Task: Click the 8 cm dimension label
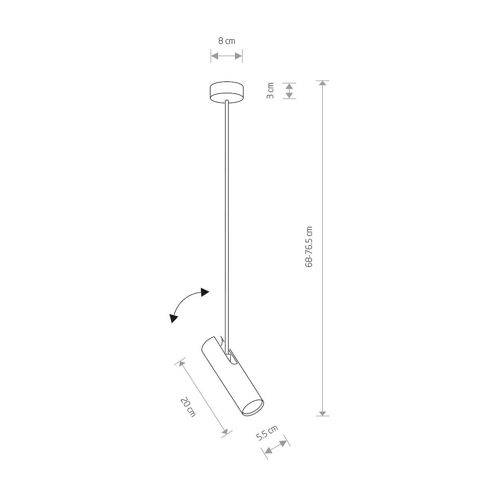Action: [227, 41]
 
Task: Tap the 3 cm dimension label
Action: [271, 91]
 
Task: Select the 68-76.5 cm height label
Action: [309, 246]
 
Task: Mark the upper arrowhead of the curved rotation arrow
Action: [205, 292]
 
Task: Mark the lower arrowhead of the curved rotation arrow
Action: [174, 318]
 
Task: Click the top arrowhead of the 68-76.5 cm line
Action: [323, 83]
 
